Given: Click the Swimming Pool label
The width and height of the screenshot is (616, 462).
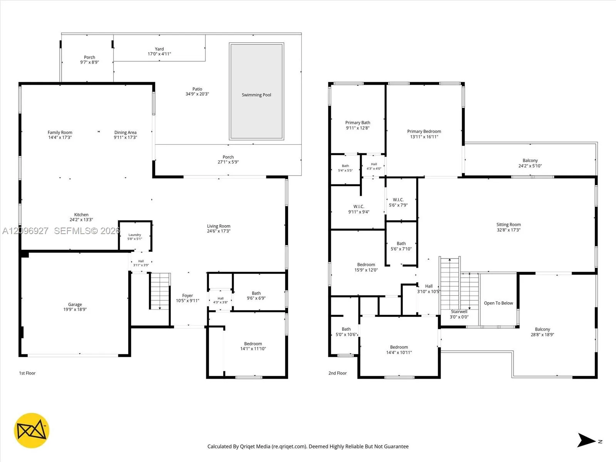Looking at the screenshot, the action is click(x=256, y=95).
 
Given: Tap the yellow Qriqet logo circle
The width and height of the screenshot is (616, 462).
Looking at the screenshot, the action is click(x=32, y=430).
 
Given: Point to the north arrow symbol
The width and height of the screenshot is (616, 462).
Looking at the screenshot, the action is click(x=587, y=440).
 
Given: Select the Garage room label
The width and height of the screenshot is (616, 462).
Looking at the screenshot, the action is click(x=75, y=305).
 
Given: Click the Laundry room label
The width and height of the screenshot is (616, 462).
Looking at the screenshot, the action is click(x=135, y=235).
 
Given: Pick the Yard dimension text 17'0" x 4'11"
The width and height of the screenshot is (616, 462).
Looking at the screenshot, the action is click(x=159, y=54).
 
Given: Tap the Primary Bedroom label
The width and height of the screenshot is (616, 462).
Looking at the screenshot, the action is click(x=424, y=131).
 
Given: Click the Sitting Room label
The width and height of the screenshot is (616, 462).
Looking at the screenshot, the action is click(x=509, y=224).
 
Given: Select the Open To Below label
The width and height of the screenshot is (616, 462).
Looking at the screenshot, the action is click(x=499, y=303).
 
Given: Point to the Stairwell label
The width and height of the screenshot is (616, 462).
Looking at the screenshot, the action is click(x=459, y=311).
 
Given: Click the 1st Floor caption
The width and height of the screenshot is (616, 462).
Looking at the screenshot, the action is click(x=27, y=373).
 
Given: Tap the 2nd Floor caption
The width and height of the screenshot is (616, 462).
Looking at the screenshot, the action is click(x=338, y=373).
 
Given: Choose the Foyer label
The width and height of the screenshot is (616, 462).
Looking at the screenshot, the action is click(x=187, y=295).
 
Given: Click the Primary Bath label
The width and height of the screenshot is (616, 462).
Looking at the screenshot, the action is click(x=358, y=122).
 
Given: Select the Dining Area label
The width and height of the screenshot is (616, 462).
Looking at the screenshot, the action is click(x=126, y=132).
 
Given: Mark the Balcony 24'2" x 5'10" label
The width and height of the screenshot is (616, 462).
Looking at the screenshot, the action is click(x=530, y=163).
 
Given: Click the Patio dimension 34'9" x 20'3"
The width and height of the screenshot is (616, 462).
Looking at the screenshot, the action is click(x=197, y=94).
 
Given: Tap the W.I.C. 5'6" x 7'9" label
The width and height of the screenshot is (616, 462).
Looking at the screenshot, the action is click(x=398, y=202).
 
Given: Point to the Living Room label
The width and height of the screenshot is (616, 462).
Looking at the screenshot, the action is click(x=219, y=226).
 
